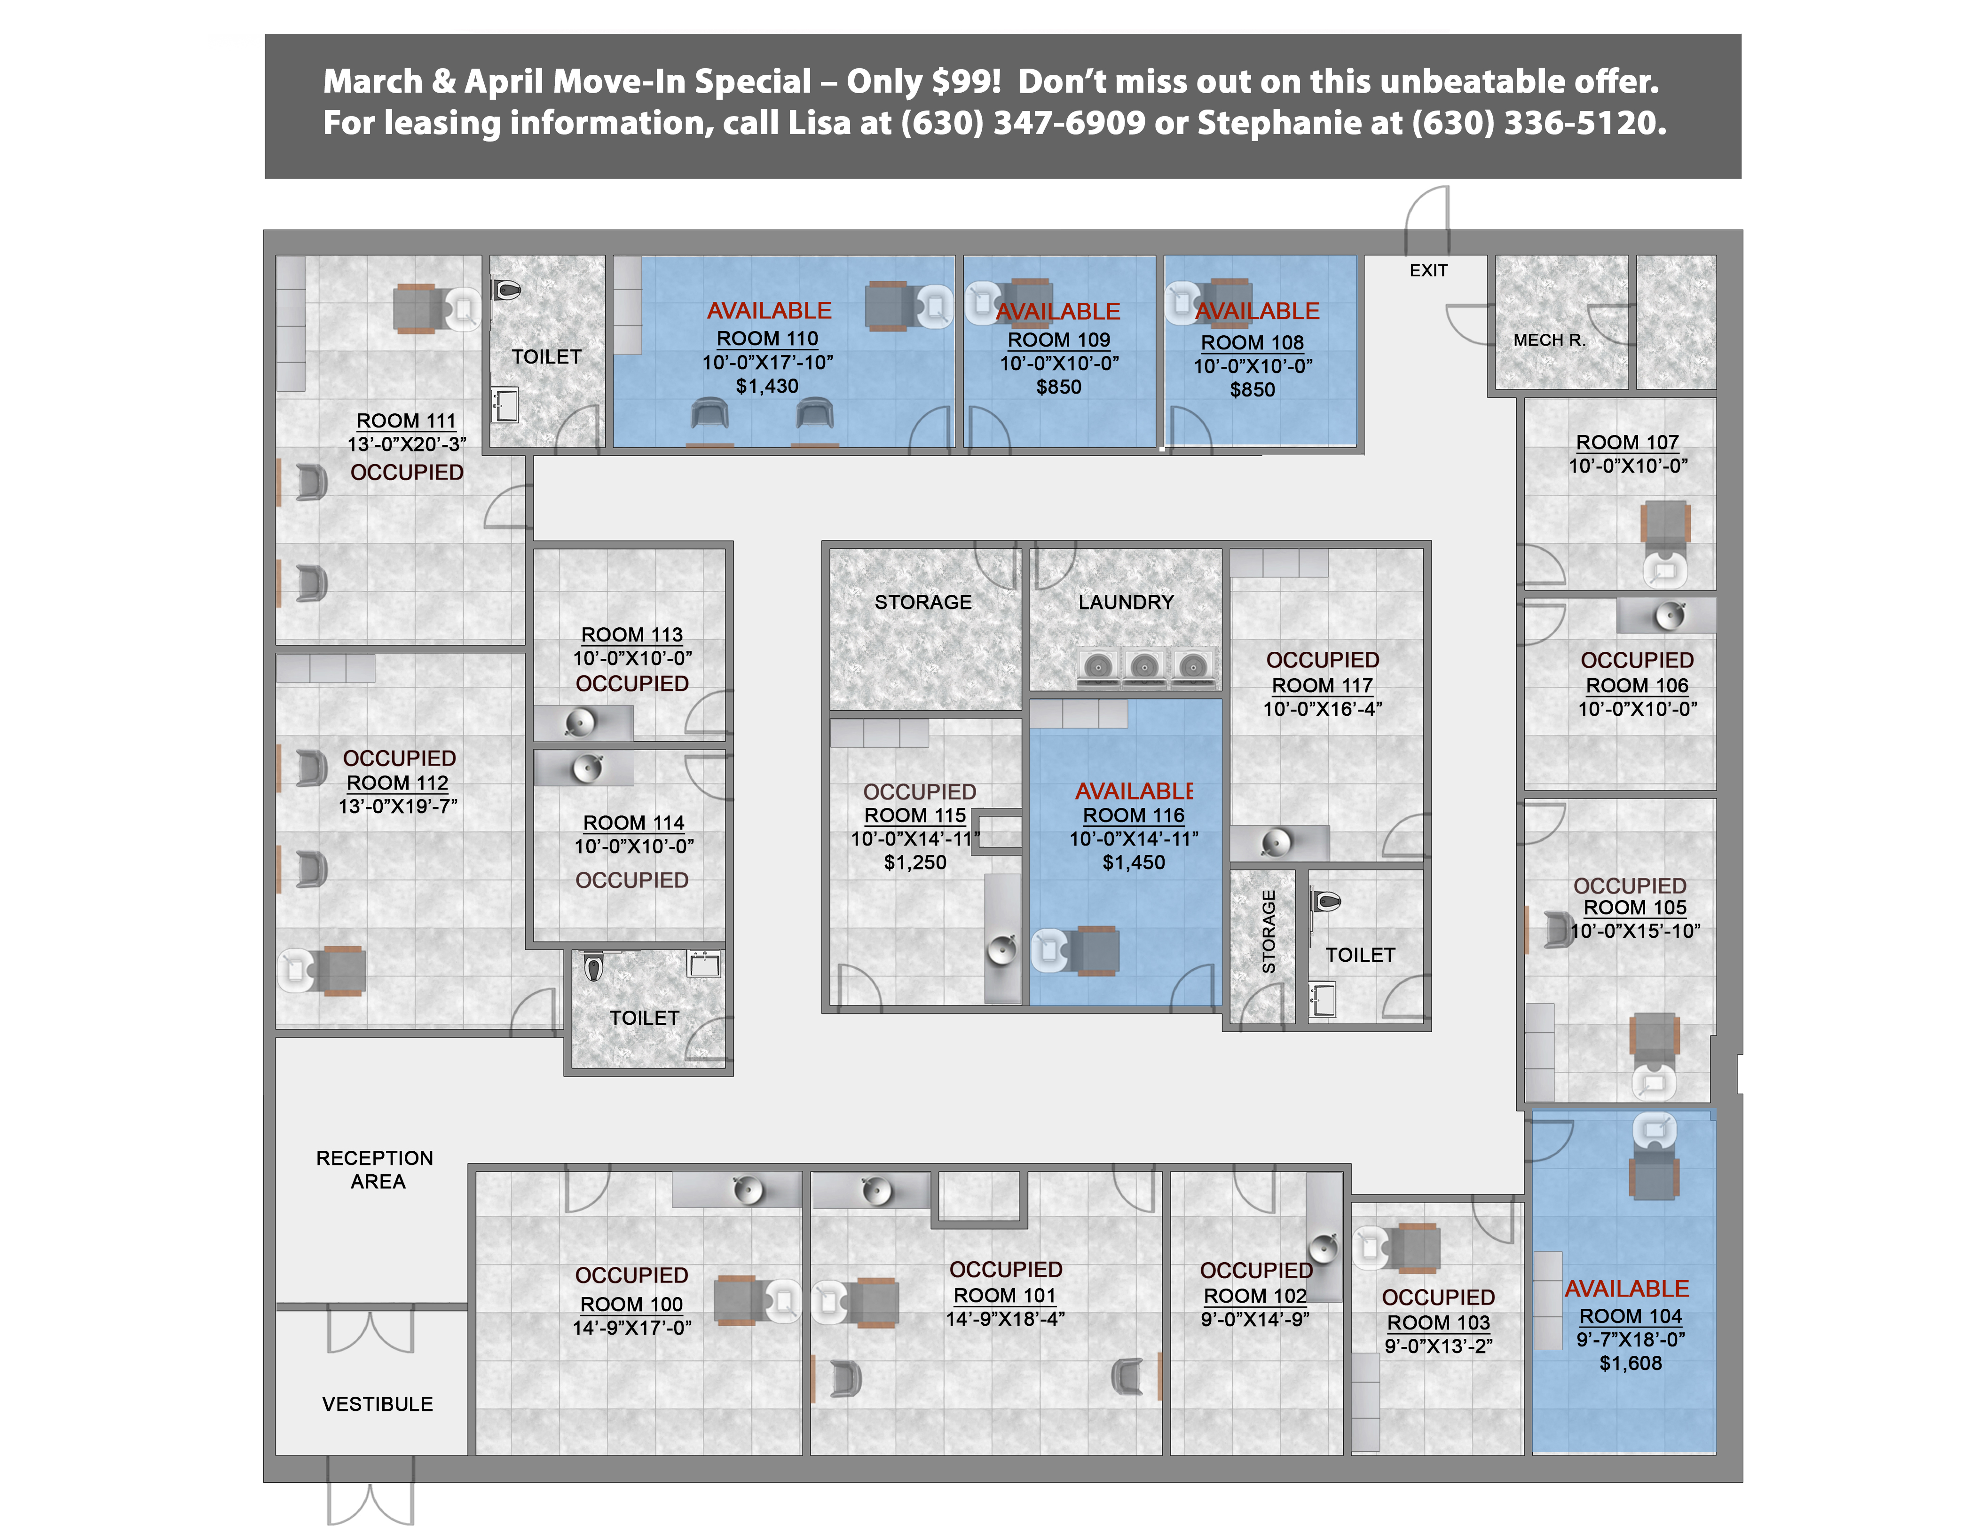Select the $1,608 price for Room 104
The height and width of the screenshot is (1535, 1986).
coord(1631,1363)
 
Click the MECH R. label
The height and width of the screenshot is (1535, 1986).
coord(1549,340)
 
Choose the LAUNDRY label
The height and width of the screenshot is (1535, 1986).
coord(1126,602)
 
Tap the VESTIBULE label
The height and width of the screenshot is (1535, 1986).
coord(378,1404)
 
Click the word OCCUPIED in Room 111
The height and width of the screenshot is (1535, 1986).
coord(407,473)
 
